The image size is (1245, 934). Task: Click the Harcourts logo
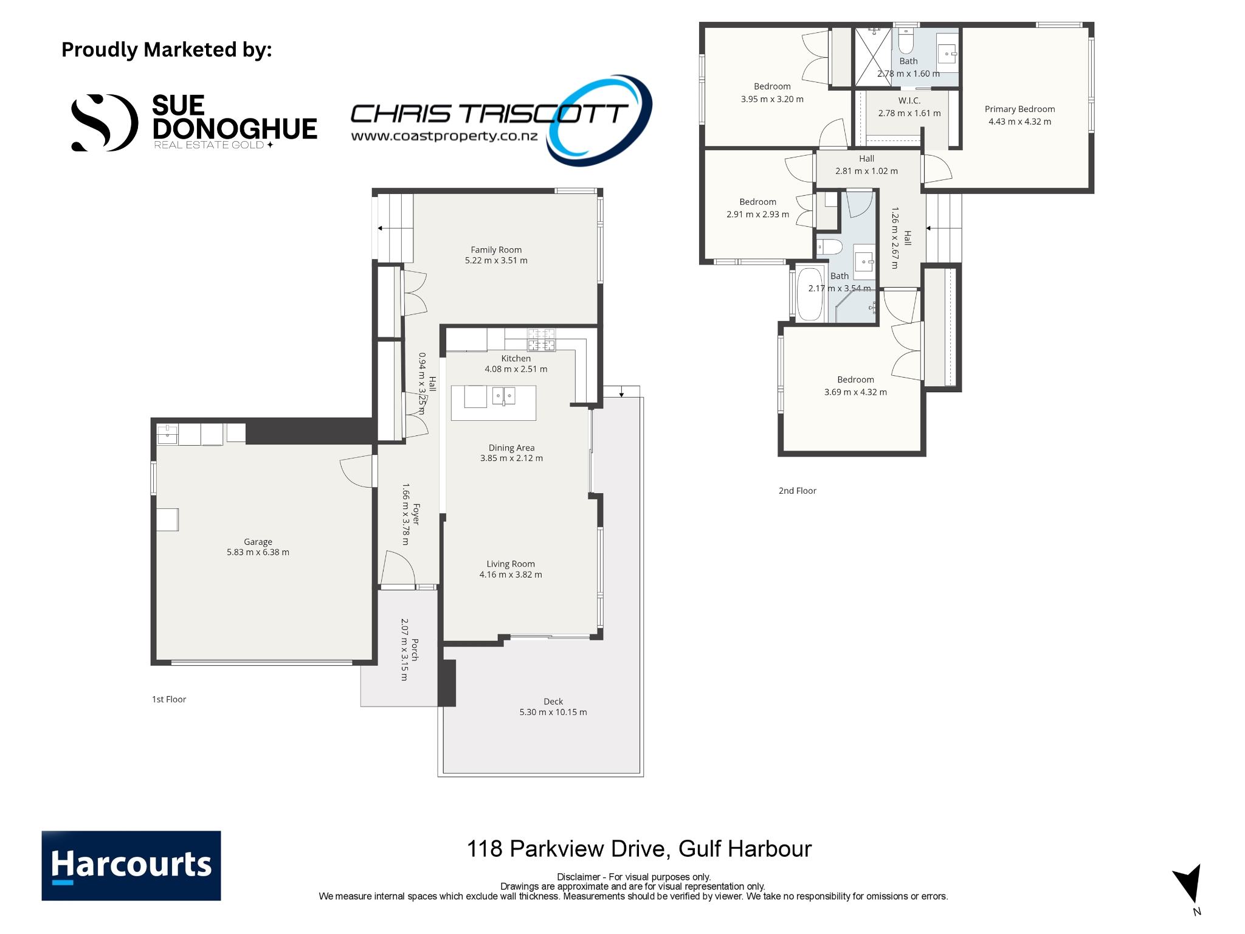pos(131,865)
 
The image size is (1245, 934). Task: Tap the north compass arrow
pos(1189,884)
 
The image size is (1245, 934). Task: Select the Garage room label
pos(258,542)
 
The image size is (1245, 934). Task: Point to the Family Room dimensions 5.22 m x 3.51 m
pos(496,260)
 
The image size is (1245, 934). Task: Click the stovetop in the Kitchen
pos(541,340)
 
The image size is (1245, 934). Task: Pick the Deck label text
pos(553,702)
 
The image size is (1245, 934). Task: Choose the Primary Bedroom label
pos(1019,109)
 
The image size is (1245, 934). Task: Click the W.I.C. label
pos(909,101)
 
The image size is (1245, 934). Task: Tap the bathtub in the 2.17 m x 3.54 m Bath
pos(810,294)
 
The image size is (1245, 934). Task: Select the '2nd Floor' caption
pos(798,491)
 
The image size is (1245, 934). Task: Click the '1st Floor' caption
pos(169,699)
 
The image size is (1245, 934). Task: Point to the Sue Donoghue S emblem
pos(104,123)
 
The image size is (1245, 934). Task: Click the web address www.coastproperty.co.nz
pos(444,136)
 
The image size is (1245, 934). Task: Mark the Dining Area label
pos(511,448)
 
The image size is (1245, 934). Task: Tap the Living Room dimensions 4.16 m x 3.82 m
pos(511,575)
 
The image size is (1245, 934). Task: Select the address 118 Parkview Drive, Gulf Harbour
pos(639,849)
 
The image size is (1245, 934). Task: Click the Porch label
pos(415,649)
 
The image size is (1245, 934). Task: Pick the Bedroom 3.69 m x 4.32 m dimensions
pos(855,392)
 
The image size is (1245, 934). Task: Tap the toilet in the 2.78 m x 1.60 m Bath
pos(906,41)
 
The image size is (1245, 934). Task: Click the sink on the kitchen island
pos(503,396)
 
